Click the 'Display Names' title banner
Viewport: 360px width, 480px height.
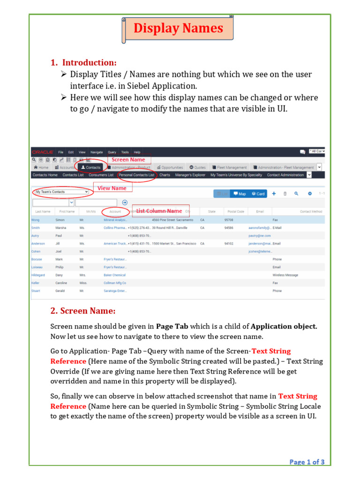pyautogui.click(x=178, y=28)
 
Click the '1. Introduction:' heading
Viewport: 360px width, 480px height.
pyautogui.click(x=84, y=63)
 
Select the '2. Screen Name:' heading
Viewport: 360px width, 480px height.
pyautogui.click(x=82, y=311)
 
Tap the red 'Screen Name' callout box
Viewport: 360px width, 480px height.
pyautogui.click(x=128, y=160)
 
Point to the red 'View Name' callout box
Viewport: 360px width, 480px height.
pyautogui.click(x=112, y=188)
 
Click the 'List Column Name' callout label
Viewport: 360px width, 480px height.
pyautogui.click(x=159, y=211)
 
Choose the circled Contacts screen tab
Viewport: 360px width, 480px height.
pyautogui.click(x=91, y=167)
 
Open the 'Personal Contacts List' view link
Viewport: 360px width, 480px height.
pyautogui.click(x=136, y=175)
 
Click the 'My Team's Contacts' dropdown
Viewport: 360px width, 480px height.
pyautogui.click(x=60, y=192)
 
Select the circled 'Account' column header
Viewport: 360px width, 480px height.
pyautogui.click(x=115, y=211)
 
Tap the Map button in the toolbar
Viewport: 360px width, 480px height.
pyautogui.click(x=239, y=194)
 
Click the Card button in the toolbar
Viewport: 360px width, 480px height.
pyautogui.click(x=258, y=194)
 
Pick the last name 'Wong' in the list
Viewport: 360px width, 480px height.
pyautogui.click(x=36, y=219)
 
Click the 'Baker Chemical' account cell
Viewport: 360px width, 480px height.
pyautogui.click(x=114, y=275)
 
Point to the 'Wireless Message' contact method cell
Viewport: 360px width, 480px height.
pyautogui.click(x=285, y=275)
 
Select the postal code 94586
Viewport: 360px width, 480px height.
pyautogui.click(x=229, y=227)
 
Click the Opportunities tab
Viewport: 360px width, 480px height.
pyautogui.click(x=170, y=167)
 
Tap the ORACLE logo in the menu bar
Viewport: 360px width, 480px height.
pyautogui.click(x=42, y=152)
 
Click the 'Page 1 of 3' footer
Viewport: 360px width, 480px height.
pyautogui.click(x=307, y=462)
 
